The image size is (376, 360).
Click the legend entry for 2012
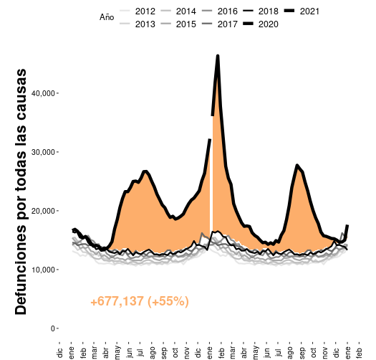[137, 11]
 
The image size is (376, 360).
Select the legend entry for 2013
[137, 23]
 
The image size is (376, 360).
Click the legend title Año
[107, 17]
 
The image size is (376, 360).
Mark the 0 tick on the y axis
[51, 328]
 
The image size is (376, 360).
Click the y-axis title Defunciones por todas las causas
[21, 191]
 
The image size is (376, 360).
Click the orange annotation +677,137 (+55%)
[140, 302]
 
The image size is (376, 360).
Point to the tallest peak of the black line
[218, 56]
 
